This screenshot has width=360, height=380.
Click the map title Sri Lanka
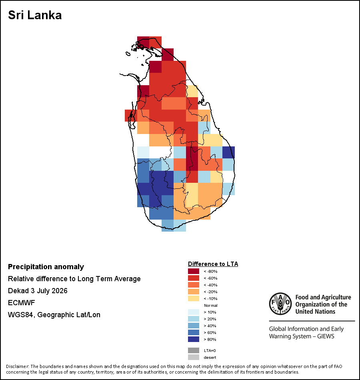click(x=35, y=15)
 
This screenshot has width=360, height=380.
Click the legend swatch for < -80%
click(x=194, y=271)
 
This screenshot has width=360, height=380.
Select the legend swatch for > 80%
click(x=194, y=339)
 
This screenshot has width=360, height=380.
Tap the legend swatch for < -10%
click(x=194, y=298)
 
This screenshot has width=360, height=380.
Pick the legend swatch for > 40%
click(x=194, y=326)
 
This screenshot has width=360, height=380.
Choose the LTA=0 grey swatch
click(x=194, y=350)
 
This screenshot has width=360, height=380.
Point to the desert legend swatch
click(x=194, y=357)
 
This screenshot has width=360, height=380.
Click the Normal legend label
click(x=211, y=305)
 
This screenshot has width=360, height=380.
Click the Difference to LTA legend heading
click(x=213, y=264)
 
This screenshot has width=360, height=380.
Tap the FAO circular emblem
click(x=280, y=304)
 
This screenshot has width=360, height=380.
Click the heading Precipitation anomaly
click(x=46, y=267)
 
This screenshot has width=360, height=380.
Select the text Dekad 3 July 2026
click(x=38, y=290)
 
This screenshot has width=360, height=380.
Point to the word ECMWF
click(x=21, y=303)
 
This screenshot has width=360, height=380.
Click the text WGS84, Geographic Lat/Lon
click(x=54, y=314)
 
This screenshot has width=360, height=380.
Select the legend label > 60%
click(x=210, y=332)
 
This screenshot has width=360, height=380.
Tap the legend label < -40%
click(x=211, y=285)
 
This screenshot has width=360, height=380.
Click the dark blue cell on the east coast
click(x=228, y=152)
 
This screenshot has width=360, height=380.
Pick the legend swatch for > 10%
click(x=194, y=312)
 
